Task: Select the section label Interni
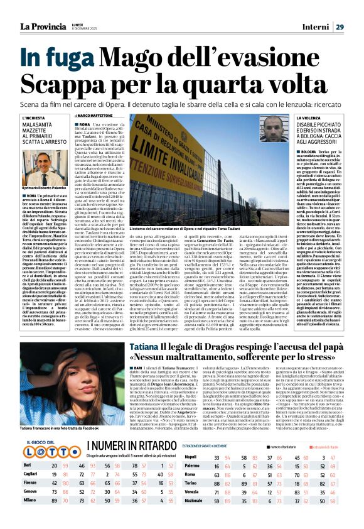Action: point(326,9)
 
